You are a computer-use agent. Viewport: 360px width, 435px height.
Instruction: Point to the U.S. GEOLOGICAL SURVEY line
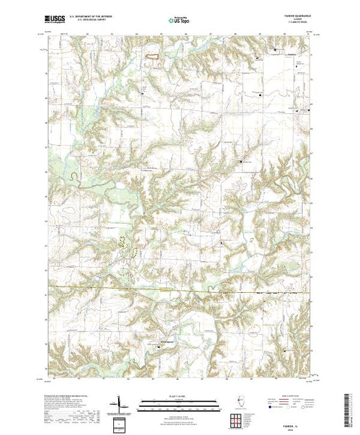79,23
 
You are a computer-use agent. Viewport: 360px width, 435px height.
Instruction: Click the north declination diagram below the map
122,403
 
